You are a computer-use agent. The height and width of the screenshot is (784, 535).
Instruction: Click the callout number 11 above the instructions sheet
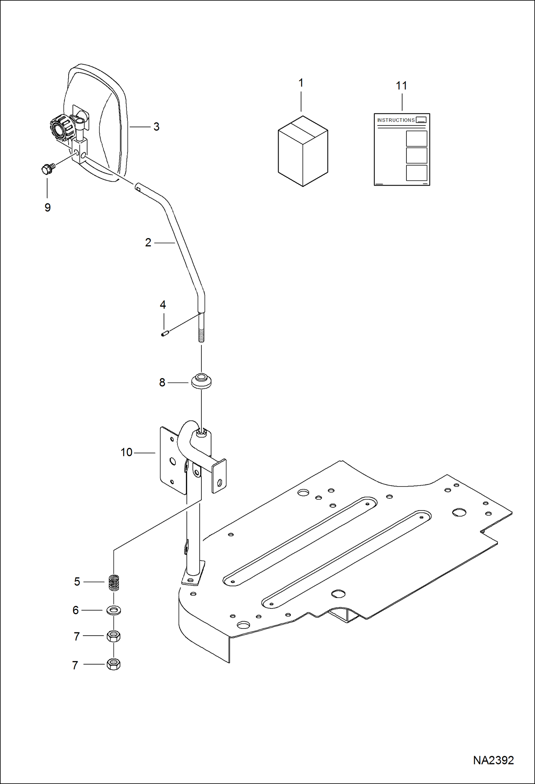click(401, 86)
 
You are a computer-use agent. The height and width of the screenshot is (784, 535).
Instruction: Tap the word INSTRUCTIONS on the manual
click(396, 120)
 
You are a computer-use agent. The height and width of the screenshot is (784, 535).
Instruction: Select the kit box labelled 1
click(303, 151)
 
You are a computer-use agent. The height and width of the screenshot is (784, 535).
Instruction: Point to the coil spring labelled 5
click(114, 582)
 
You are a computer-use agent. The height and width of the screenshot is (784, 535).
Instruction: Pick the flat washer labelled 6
click(114, 610)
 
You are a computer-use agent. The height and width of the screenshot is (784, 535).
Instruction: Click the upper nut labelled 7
click(114, 636)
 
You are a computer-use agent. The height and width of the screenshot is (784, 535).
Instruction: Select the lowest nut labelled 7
click(114, 665)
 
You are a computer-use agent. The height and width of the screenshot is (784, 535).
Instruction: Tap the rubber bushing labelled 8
click(201, 381)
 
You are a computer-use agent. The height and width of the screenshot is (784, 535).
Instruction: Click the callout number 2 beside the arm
click(148, 243)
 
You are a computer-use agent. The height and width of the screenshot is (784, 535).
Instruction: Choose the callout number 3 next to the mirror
click(156, 127)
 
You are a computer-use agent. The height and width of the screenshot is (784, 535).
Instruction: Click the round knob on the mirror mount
click(57, 129)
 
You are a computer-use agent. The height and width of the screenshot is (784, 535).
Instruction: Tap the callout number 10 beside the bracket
click(126, 453)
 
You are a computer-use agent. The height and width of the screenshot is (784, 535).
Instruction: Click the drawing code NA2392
click(493, 760)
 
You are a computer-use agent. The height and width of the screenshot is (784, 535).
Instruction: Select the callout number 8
click(162, 383)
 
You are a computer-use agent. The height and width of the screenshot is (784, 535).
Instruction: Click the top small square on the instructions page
click(416, 138)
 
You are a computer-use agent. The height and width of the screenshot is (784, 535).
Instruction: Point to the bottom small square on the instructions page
click(416, 173)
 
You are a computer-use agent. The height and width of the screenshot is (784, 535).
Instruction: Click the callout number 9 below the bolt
click(47, 208)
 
